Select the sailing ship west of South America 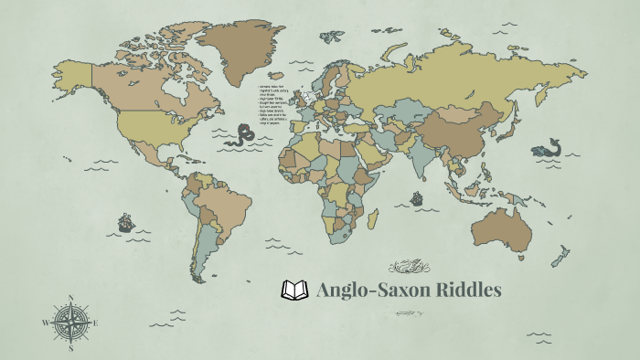point(125,221)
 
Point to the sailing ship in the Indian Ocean point(416,196)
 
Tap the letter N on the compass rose point(70,297)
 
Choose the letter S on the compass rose point(70,348)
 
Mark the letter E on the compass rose point(96,323)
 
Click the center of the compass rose point(70,323)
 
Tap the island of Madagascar point(372,218)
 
